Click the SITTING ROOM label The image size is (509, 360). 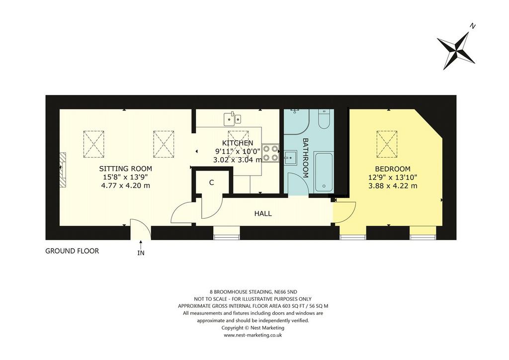click(x=125, y=169)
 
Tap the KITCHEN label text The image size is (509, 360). click(x=237, y=143)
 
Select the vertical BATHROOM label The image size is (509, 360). click(x=306, y=158)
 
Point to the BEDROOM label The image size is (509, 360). click(x=393, y=169)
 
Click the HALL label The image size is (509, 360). click(x=263, y=214)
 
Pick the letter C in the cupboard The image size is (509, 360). click(x=212, y=183)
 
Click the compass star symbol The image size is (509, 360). click(x=456, y=51)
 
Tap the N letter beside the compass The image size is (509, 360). click(x=473, y=27)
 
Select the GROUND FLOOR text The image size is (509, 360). click(x=72, y=251)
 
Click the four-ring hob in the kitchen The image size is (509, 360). click(x=270, y=153)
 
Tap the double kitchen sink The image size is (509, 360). click(x=233, y=118)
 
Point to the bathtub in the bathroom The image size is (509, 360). click(x=324, y=172)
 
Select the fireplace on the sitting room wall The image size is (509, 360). click(x=63, y=170)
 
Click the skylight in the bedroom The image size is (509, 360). click(x=387, y=144)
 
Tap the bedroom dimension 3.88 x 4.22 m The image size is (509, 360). click(x=393, y=186)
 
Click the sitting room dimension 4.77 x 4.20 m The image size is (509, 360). click(x=126, y=186)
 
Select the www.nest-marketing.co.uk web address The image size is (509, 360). click(x=253, y=335)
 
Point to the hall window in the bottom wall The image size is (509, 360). click(x=227, y=233)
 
